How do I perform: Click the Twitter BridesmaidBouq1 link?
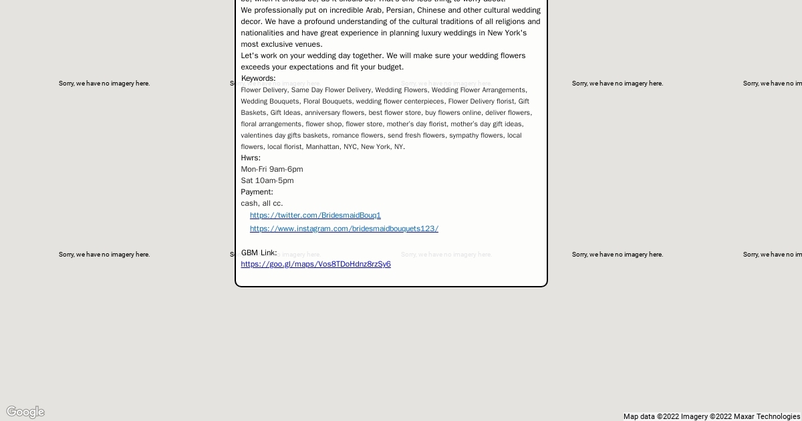(315, 215)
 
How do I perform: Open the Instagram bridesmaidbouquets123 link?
(344, 229)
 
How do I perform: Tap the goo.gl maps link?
(315, 264)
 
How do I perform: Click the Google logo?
(25, 412)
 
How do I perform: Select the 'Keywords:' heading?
(258, 78)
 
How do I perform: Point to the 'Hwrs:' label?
(251, 158)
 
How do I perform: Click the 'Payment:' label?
(257, 192)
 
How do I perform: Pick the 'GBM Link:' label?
(259, 253)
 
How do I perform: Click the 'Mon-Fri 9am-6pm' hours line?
(271, 169)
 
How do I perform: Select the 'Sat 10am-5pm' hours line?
(267, 180)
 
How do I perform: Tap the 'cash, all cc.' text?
(261, 203)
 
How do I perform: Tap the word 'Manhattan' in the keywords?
(323, 146)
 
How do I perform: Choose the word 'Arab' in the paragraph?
(373, 10)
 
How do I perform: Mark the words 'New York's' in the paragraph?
(507, 33)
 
